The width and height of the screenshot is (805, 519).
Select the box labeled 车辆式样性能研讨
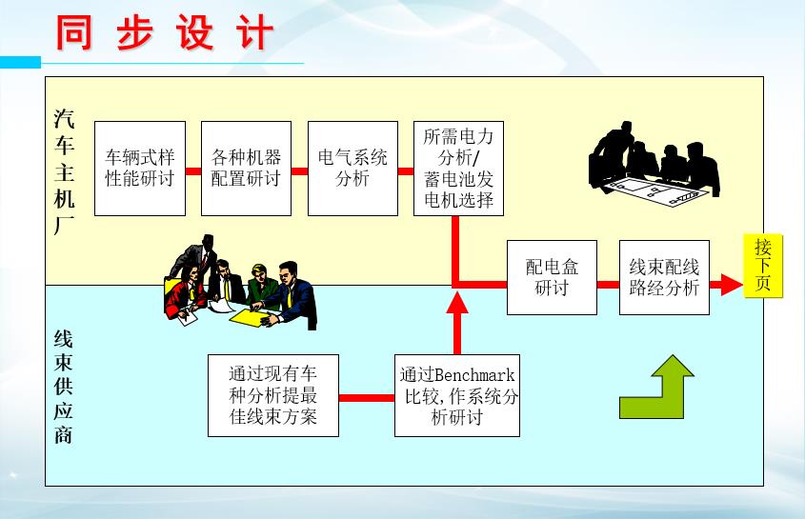(x=140, y=168)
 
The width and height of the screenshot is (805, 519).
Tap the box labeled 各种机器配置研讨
(x=246, y=168)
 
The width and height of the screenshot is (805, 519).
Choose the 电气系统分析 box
(x=352, y=168)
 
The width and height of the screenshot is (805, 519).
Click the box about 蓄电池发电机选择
(x=458, y=168)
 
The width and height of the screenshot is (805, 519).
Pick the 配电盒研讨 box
(x=552, y=277)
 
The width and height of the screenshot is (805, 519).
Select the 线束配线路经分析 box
(x=664, y=277)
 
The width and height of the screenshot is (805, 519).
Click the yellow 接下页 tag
(x=762, y=267)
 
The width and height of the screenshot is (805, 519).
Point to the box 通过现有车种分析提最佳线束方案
(x=273, y=395)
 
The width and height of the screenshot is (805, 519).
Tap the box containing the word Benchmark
(x=457, y=395)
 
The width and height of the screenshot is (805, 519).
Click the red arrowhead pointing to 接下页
(x=729, y=284)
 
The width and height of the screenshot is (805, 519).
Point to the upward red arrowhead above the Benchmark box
(x=457, y=305)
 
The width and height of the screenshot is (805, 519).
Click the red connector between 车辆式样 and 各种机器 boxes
(x=193, y=171)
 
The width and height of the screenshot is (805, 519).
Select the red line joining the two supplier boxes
(x=367, y=397)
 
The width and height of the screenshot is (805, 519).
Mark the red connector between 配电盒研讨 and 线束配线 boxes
(x=608, y=284)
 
